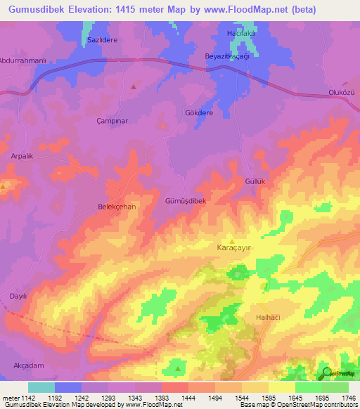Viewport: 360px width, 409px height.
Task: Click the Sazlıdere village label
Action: pyautogui.click(x=101, y=40)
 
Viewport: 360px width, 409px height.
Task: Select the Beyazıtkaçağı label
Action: pyautogui.click(x=226, y=56)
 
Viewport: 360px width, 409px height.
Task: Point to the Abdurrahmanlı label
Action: pyautogui.click(x=23, y=60)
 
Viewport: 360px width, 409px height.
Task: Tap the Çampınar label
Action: pyautogui.click(x=111, y=121)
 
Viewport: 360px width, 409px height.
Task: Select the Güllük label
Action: pyautogui.click(x=254, y=181)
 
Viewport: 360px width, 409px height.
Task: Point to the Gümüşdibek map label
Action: pyautogui.click(x=185, y=201)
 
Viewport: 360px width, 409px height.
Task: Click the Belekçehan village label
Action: pyautogui.click(x=116, y=207)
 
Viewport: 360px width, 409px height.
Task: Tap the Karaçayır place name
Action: pyautogui.click(x=233, y=248)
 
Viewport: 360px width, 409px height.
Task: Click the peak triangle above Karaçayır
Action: pyautogui.click(x=232, y=240)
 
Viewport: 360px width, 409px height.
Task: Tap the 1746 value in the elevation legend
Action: pyautogui.click(x=349, y=398)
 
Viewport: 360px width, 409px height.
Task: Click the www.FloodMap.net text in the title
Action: pyautogui.click(x=223, y=10)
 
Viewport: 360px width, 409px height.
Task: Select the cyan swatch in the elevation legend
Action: pyautogui.click(x=41, y=387)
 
